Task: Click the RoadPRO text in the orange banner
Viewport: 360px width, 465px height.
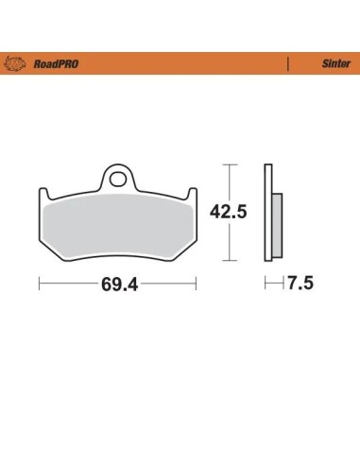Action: pyautogui.click(x=56, y=64)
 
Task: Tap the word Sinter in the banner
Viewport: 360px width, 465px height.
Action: pyautogui.click(x=335, y=63)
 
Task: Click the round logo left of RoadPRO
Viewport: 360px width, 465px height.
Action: pyautogui.click(x=14, y=63)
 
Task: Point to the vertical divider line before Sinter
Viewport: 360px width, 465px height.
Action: pyautogui.click(x=287, y=64)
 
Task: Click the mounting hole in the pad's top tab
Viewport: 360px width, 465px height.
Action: pyautogui.click(x=117, y=179)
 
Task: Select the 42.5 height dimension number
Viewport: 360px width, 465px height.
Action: pyautogui.click(x=229, y=212)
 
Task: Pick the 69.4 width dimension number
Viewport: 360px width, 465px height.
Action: pyautogui.click(x=119, y=284)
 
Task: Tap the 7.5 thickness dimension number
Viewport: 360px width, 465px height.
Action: pyautogui.click(x=300, y=283)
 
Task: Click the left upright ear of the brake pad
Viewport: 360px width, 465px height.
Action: pyautogui.click(x=43, y=194)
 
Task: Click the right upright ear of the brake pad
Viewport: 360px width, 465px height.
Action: pyautogui.click(x=192, y=194)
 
